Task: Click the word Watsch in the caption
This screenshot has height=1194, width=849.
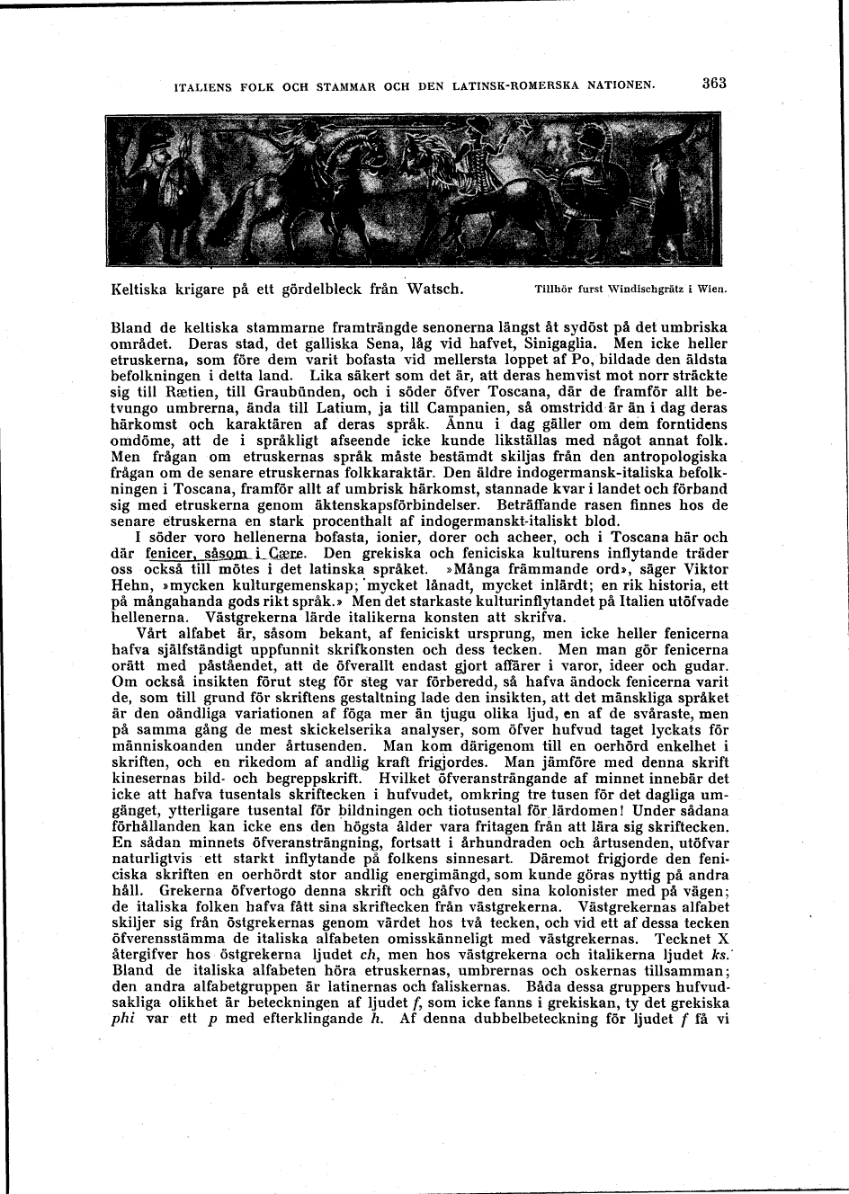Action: pyautogui.click(x=435, y=290)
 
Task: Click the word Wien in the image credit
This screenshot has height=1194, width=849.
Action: pyautogui.click(x=710, y=290)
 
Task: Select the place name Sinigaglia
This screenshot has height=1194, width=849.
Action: pyautogui.click(x=563, y=343)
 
